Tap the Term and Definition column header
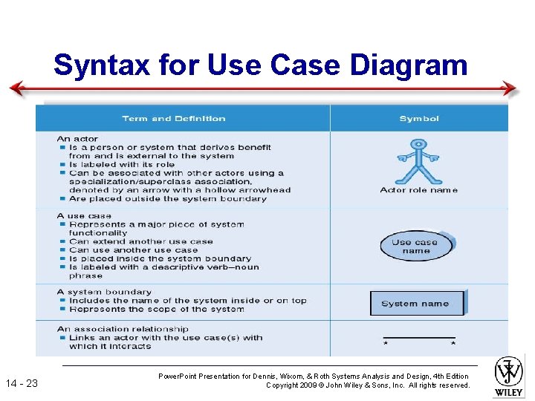[x=174, y=119]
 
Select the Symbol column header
[x=419, y=119]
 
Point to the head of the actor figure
[x=418, y=143]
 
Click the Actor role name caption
[x=418, y=190]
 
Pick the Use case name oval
[x=416, y=246]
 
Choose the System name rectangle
[x=416, y=303]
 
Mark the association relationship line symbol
[x=418, y=340]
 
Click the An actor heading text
[x=77, y=139]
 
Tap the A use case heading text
[x=84, y=216]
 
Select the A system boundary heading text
[x=104, y=292]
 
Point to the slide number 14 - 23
[x=27, y=383]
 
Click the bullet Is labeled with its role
[x=122, y=165]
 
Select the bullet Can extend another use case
[x=141, y=241]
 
